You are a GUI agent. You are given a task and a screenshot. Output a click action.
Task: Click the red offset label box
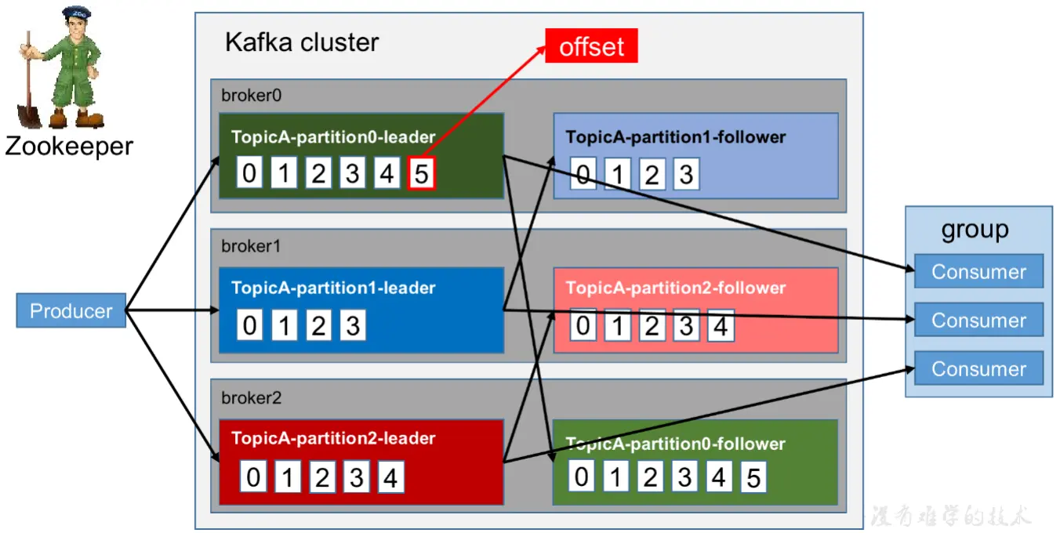[x=591, y=46]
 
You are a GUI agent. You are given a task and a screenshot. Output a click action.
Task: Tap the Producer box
[x=71, y=310]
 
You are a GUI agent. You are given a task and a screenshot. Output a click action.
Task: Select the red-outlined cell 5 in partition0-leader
[x=421, y=173]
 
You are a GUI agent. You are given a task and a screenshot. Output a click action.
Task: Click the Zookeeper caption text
[x=69, y=146]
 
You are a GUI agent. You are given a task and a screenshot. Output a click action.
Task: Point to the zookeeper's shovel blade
[x=29, y=117]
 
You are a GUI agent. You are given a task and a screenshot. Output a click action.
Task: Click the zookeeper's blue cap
[x=77, y=13]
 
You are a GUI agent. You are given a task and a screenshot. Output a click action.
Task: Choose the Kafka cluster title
[x=302, y=42]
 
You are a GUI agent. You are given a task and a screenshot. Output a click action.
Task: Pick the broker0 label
[x=251, y=96]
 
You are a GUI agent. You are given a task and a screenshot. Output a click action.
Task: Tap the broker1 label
[x=251, y=246]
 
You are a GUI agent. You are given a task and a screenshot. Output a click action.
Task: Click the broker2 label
[x=251, y=397]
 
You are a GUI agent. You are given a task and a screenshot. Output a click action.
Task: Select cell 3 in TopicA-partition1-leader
[x=353, y=325]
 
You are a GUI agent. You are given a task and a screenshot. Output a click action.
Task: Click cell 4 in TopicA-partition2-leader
[x=391, y=477]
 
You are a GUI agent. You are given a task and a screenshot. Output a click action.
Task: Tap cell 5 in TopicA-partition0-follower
[x=753, y=477]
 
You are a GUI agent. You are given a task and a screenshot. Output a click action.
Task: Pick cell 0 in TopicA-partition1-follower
[x=583, y=174]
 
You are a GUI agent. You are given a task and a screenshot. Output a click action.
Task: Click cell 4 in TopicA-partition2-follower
[x=721, y=325]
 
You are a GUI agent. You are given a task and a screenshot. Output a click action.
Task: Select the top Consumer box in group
[x=978, y=271]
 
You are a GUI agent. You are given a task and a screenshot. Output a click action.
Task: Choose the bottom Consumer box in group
[x=978, y=368]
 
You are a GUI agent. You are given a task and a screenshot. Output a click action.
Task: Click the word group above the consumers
[x=975, y=230]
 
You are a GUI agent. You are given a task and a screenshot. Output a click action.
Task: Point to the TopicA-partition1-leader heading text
[x=333, y=288]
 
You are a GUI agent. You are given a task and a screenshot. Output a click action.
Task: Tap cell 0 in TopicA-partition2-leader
[x=253, y=477]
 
